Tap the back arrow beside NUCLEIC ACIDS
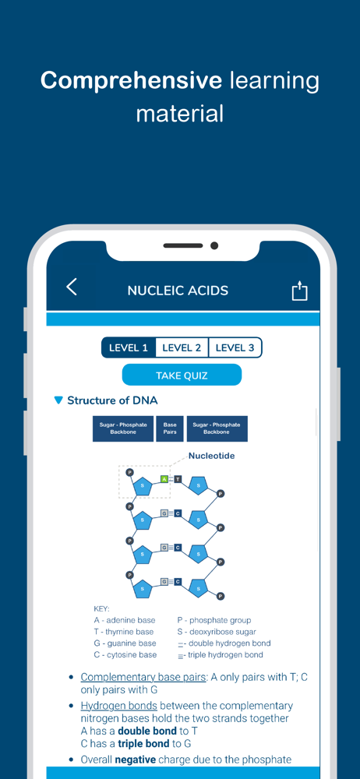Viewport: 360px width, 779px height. pyautogui.click(x=72, y=287)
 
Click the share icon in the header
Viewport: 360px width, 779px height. pyautogui.click(x=299, y=291)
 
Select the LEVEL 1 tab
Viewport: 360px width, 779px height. pyautogui.click(x=129, y=347)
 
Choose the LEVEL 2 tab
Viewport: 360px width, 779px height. pyautogui.click(x=182, y=347)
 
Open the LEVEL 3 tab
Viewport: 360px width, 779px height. pyautogui.click(x=235, y=347)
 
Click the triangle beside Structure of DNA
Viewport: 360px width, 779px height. pyautogui.click(x=58, y=400)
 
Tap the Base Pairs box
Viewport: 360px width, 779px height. pyautogui.click(x=170, y=428)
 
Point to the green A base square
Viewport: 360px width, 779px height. pyautogui.click(x=164, y=479)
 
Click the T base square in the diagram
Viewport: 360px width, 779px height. pyautogui.click(x=178, y=479)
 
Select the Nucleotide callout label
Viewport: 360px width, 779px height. pyautogui.click(x=211, y=456)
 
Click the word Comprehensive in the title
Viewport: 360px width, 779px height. pyautogui.click(x=131, y=80)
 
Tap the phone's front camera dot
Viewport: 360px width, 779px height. pyautogui.click(x=214, y=245)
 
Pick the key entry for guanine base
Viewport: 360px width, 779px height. pyautogui.click(x=125, y=643)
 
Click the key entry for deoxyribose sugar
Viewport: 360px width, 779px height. pyautogui.click(x=217, y=632)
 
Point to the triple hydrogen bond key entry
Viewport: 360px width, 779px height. pyautogui.click(x=221, y=655)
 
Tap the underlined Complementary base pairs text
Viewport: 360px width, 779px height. pyautogui.click(x=143, y=677)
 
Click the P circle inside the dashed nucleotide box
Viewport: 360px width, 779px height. pyautogui.click(x=130, y=472)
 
